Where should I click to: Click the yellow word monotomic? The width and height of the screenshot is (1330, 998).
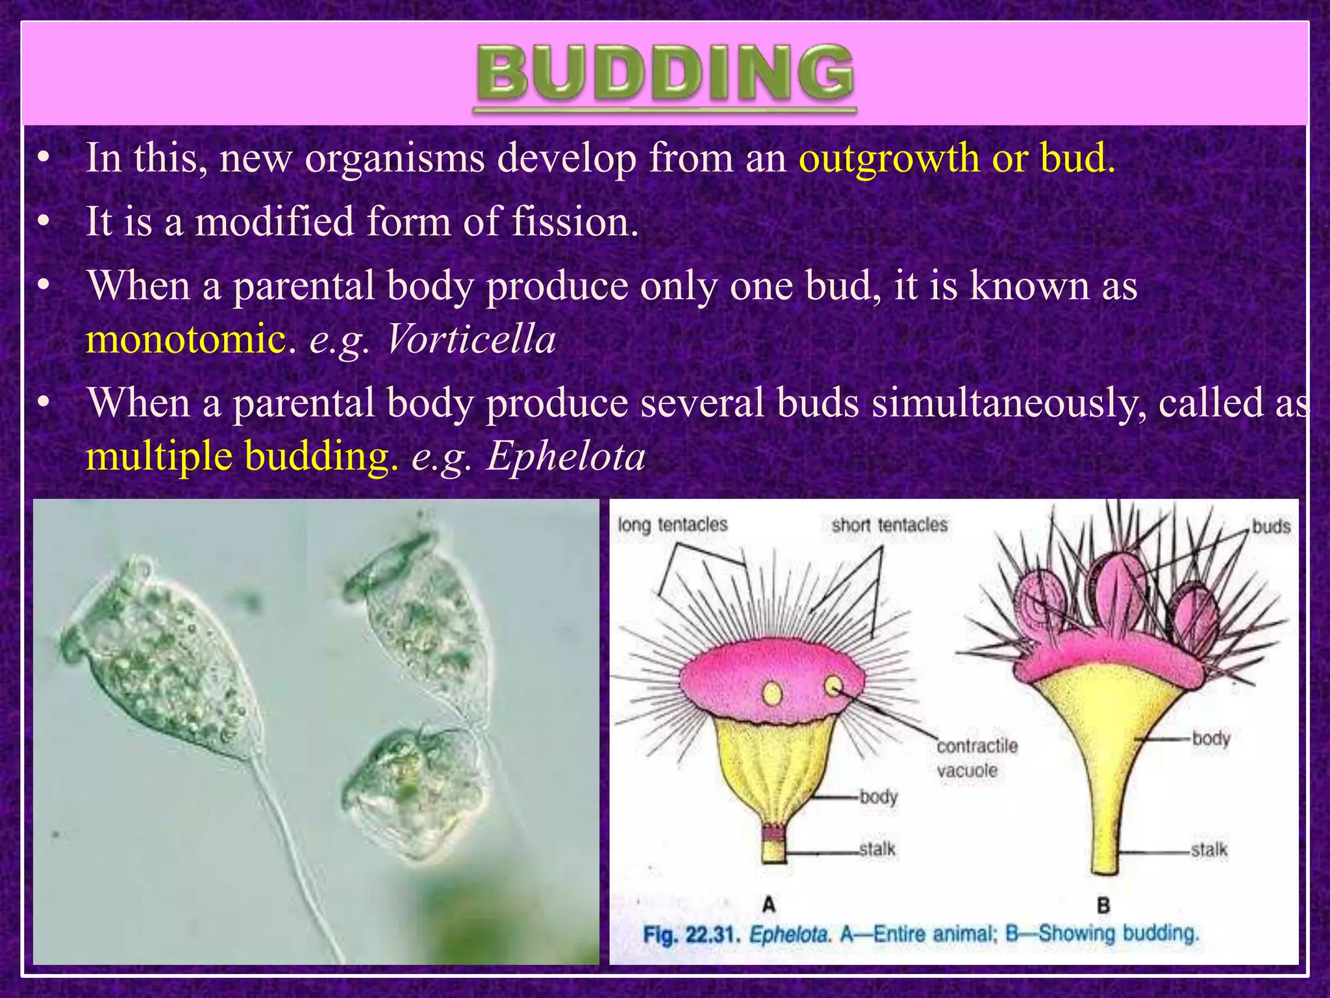point(186,339)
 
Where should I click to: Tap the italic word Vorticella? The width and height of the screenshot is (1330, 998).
point(471,339)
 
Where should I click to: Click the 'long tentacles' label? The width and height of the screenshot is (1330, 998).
point(672,524)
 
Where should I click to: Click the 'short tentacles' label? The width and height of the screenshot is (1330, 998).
point(889,524)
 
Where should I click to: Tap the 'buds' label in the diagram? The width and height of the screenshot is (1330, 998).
point(1271,526)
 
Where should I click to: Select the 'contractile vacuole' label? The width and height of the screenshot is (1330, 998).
point(976,758)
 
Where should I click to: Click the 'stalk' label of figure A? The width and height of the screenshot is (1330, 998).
point(877,849)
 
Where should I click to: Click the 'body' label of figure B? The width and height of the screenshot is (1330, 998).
point(1211,739)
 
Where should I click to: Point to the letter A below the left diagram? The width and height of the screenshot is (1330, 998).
point(768,904)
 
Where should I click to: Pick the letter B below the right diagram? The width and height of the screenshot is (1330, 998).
point(1103,904)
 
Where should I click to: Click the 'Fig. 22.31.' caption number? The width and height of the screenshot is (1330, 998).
point(691,935)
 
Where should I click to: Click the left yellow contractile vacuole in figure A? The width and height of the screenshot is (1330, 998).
point(772,694)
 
